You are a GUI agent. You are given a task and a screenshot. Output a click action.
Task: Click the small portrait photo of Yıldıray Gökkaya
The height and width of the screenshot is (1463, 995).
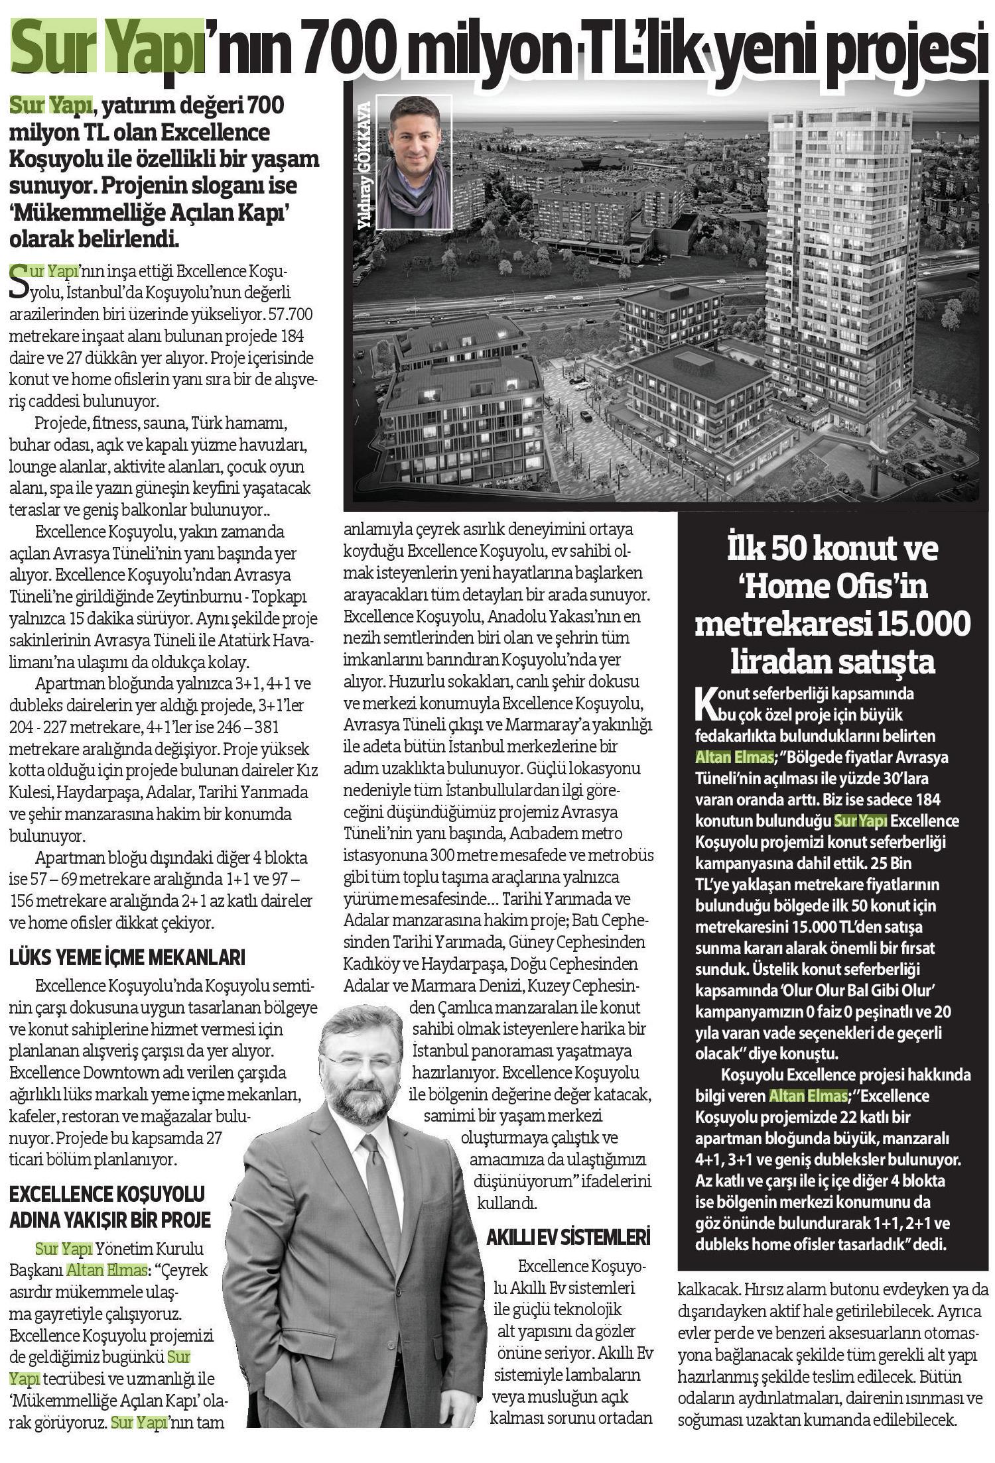[x=415, y=162]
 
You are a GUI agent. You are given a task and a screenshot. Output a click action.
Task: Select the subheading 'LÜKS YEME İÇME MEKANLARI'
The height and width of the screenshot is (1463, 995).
[x=127, y=958]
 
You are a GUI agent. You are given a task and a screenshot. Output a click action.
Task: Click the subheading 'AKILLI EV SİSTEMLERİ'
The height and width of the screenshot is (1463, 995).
[x=568, y=1237]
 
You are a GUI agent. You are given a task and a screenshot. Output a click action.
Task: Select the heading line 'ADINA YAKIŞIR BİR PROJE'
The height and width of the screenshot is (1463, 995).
[x=109, y=1219]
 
